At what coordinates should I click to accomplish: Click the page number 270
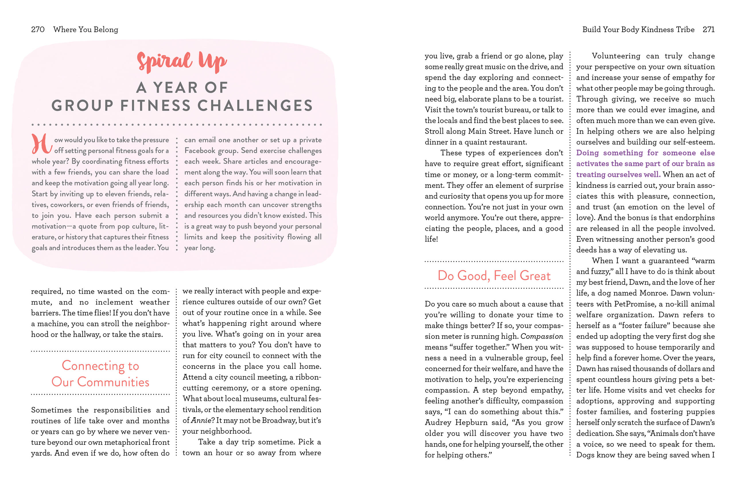[37, 30]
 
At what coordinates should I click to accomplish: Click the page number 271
[708, 30]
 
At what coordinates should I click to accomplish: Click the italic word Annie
[201, 420]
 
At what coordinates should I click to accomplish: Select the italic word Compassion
[541, 336]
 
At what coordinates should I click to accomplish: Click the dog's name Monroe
[653, 293]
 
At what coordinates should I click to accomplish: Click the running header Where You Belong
[86, 30]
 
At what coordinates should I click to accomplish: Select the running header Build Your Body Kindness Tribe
[638, 30]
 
